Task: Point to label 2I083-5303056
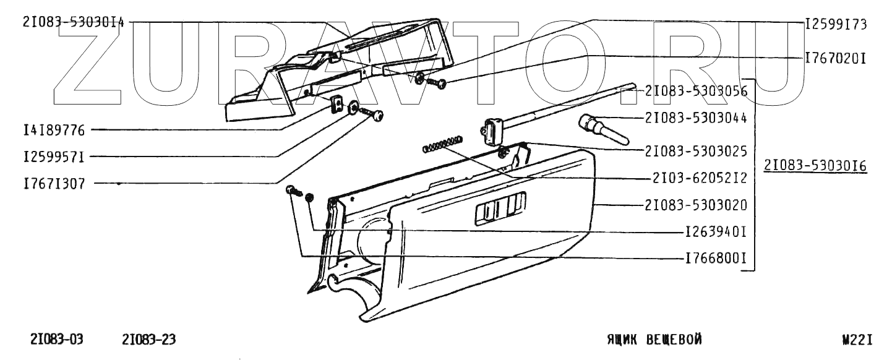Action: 696,92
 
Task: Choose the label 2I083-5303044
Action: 696,118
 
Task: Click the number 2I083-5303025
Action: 696,150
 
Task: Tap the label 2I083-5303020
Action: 696,205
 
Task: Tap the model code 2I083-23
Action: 149,340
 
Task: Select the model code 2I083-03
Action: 57,340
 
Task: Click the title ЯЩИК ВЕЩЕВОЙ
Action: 653,340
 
